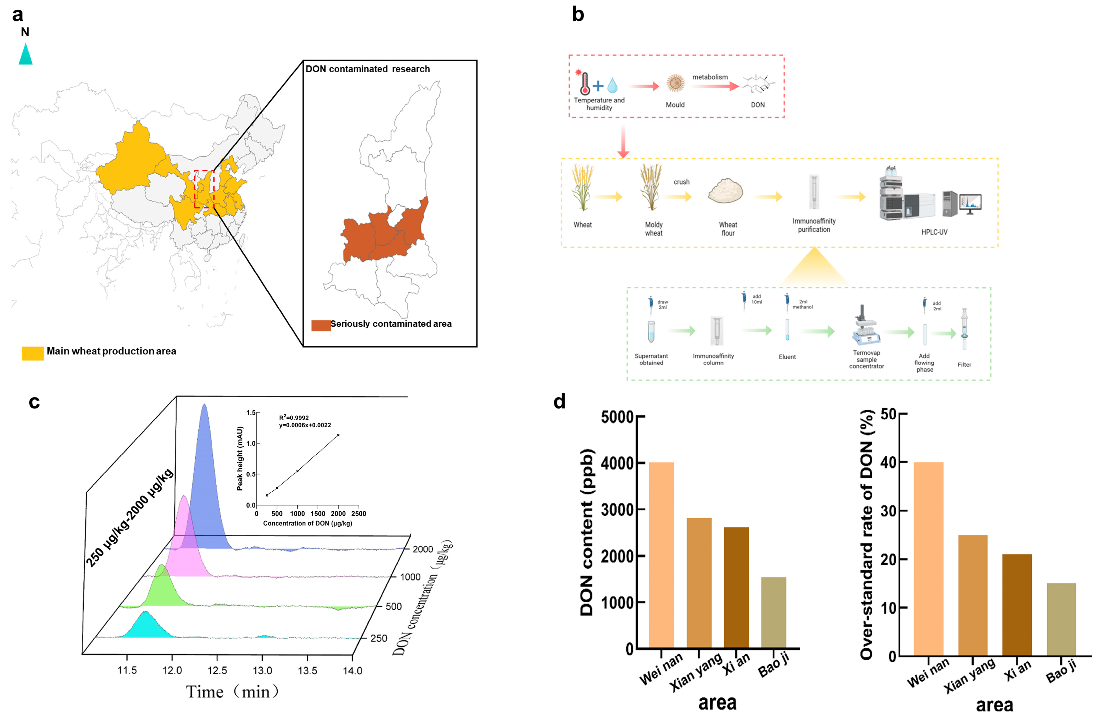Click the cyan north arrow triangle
pyautogui.click(x=25, y=54)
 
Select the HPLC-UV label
pyautogui.click(x=934, y=232)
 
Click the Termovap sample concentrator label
pyautogui.click(x=866, y=359)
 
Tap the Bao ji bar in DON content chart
pyautogui.click(x=773, y=613)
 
